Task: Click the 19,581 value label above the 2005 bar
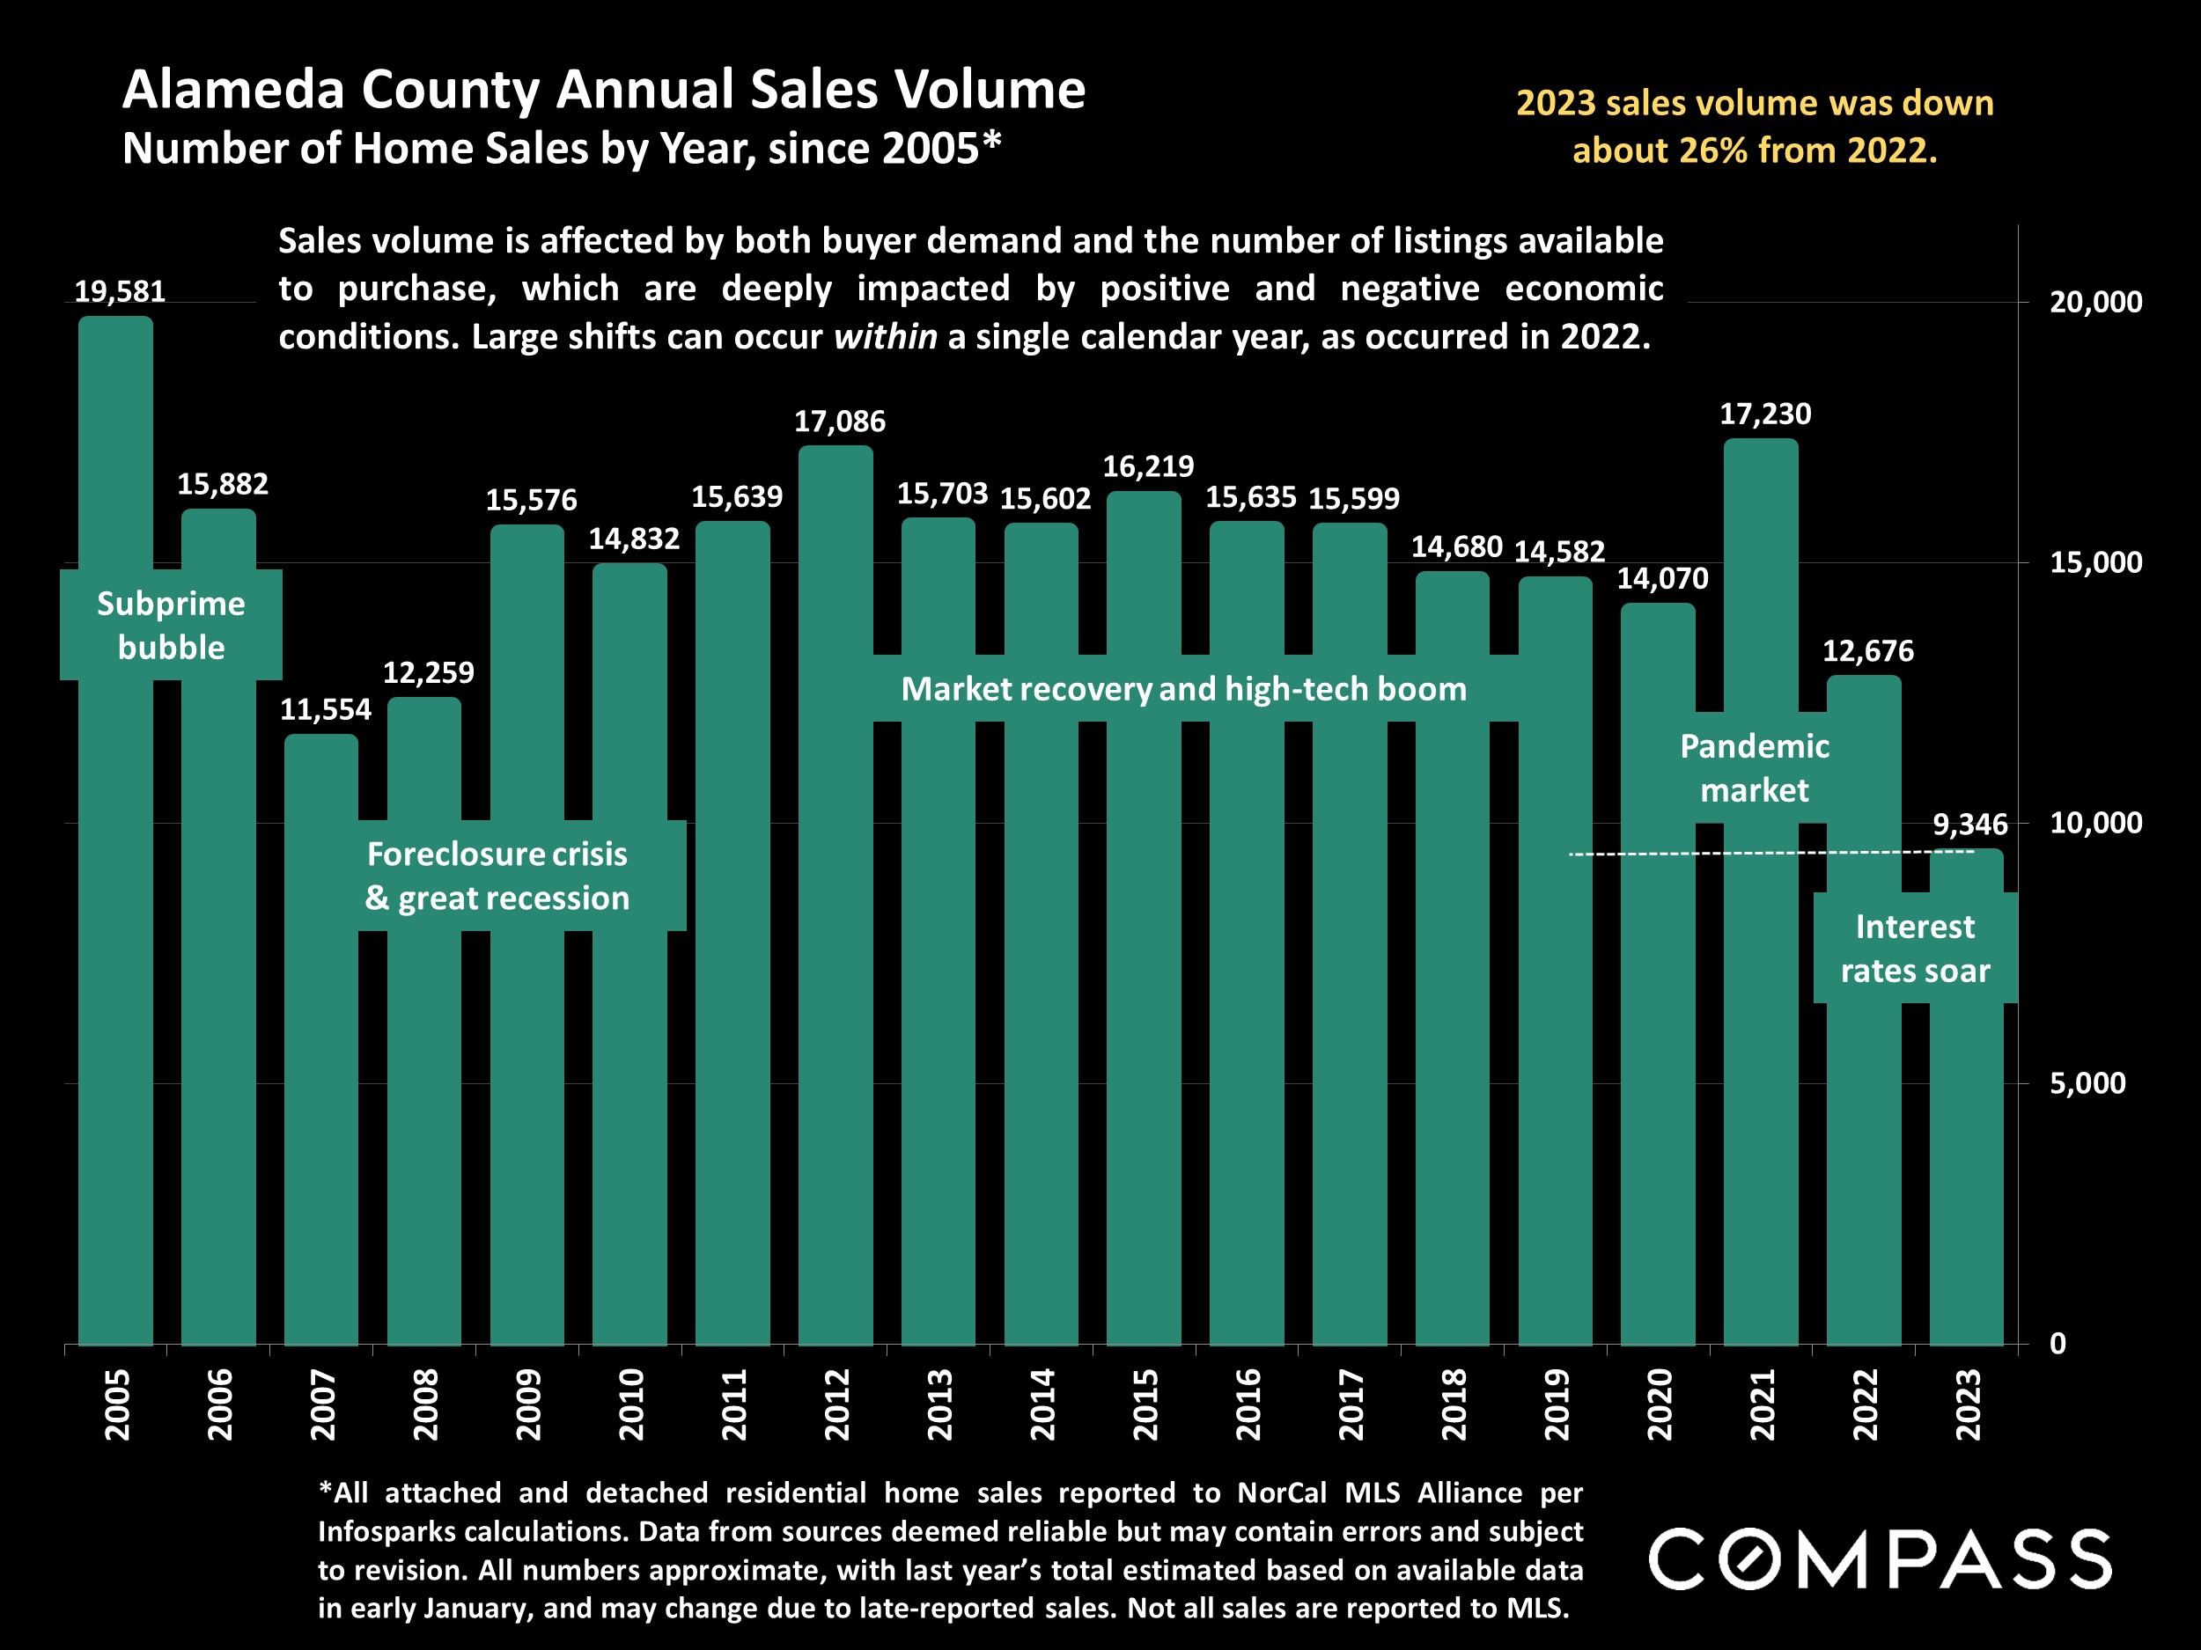(x=120, y=291)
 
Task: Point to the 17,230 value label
(x=1765, y=414)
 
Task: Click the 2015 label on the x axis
(x=1145, y=1404)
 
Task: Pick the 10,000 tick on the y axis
(x=2095, y=823)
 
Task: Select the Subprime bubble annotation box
(x=171, y=625)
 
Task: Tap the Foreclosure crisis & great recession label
(x=497, y=876)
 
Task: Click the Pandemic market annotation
(x=1755, y=768)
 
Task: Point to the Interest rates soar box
(x=1915, y=948)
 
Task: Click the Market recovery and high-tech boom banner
(x=1183, y=688)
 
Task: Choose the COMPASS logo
(x=1880, y=1558)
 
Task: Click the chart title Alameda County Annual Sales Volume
(x=603, y=90)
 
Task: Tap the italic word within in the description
(x=885, y=337)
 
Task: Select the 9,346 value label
(x=1969, y=825)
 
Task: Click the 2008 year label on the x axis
(x=426, y=1404)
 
